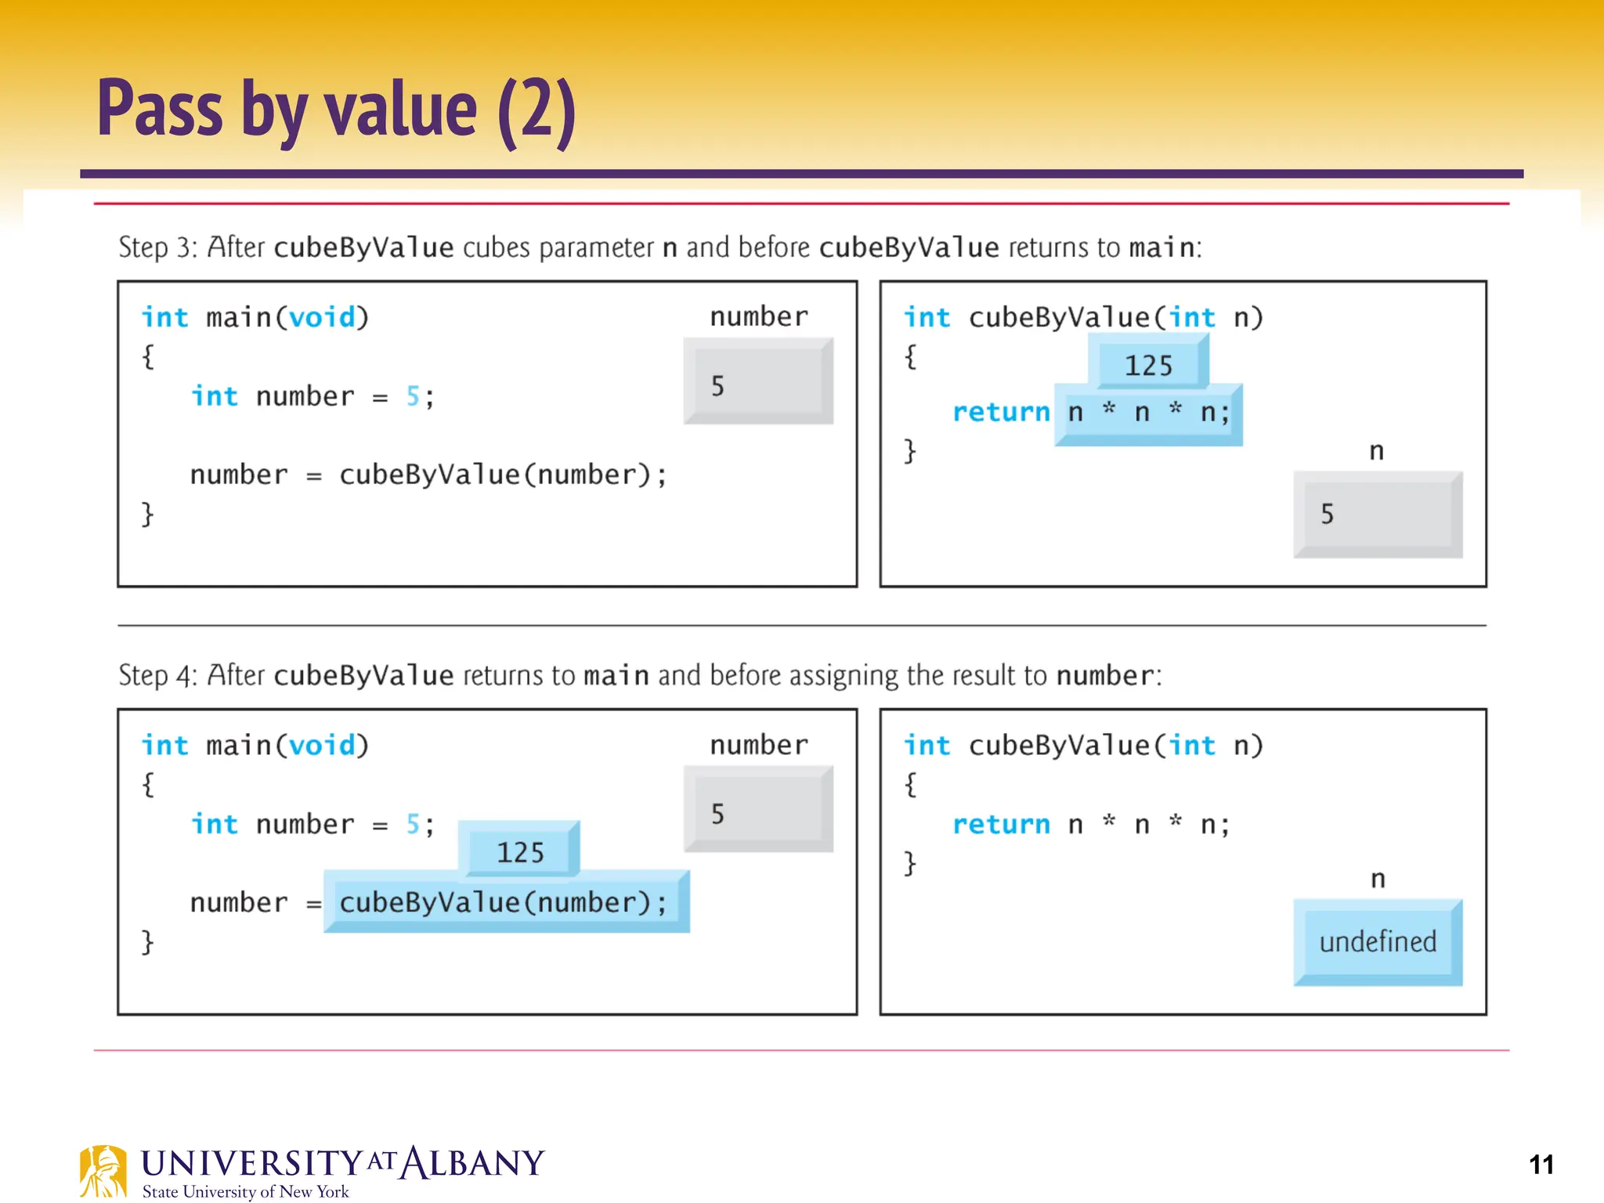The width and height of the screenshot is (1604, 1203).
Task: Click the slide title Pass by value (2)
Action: (x=337, y=110)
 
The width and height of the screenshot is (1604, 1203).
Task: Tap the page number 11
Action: (x=1541, y=1165)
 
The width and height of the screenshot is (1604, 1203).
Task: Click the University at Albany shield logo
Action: (x=103, y=1172)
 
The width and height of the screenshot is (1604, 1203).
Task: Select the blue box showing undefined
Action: (x=1378, y=942)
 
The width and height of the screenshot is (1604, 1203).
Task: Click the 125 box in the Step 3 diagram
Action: (x=1148, y=365)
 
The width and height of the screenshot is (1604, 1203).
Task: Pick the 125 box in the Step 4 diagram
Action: (x=519, y=851)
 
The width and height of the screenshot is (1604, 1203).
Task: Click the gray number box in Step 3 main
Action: (x=757, y=382)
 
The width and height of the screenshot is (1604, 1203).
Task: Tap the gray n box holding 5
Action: (x=1378, y=515)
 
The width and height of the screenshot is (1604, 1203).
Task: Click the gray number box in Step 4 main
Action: (x=757, y=811)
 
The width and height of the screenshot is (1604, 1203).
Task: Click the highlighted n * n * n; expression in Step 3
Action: (x=1148, y=413)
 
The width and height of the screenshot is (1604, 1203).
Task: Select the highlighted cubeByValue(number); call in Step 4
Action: (x=504, y=903)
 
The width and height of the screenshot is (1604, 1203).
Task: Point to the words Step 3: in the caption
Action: (x=157, y=247)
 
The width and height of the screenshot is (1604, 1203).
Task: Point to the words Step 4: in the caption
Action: (x=157, y=675)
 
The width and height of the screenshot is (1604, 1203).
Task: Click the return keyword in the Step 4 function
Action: (x=1000, y=825)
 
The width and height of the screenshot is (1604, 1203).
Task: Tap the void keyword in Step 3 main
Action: (x=322, y=318)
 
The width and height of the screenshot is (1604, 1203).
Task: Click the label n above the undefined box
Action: (x=1378, y=879)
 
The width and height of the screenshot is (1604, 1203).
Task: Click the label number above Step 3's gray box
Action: (x=758, y=316)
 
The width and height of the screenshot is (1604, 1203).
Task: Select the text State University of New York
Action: (x=245, y=1191)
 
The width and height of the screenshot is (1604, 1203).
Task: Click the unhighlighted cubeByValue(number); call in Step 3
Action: (x=503, y=475)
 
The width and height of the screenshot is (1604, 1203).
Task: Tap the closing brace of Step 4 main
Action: (x=147, y=941)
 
